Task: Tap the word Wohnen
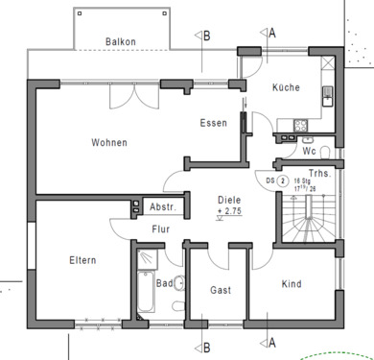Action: (x=109, y=143)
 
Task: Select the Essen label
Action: (x=213, y=123)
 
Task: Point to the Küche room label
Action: (x=286, y=87)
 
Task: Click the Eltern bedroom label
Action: (x=82, y=260)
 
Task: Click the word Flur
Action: (x=161, y=228)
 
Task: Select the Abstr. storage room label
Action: (x=160, y=206)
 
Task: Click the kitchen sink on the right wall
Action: (x=326, y=94)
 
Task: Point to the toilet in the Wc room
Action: (x=323, y=152)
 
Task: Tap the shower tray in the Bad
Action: (x=150, y=258)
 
